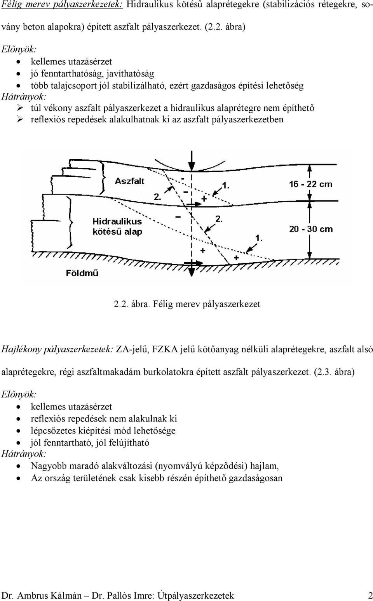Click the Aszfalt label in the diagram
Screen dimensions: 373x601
click(130, 181)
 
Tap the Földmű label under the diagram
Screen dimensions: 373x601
click(82, 273)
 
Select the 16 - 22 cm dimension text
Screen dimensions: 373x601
click(311, 184)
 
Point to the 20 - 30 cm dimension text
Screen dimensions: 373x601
click(311, 229)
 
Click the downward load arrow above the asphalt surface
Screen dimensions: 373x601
click(191, 161)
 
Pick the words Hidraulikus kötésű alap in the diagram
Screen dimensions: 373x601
click(118, 226)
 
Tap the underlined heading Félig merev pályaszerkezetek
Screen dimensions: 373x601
click(62, 5)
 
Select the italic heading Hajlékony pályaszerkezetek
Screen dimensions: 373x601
click(56, 349)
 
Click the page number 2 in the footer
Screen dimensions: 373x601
click(370, 593)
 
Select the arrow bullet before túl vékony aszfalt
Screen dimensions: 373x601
click(20, 108)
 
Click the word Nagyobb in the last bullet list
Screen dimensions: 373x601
click(49, 466)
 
